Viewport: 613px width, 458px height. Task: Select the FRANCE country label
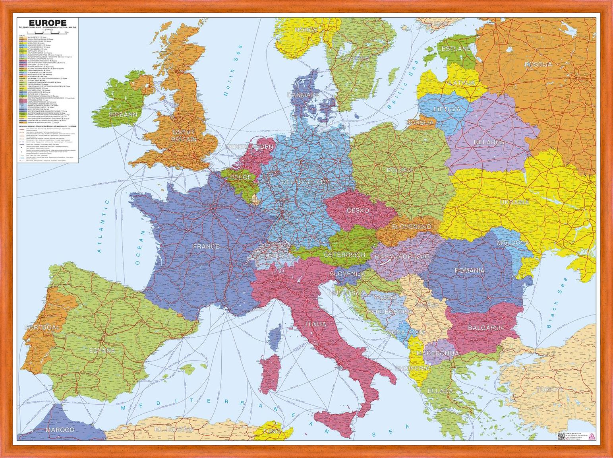point(206,246)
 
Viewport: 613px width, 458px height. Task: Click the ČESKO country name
point(358,210)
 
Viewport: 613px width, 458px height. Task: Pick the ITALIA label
point(316,324)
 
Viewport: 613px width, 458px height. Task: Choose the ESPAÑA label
point(102,350)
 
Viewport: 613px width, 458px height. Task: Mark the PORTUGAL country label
point(43,327)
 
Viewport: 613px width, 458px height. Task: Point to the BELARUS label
point(489,142)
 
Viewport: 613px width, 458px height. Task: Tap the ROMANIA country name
point(470,270)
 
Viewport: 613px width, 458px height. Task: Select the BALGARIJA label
point(486,328)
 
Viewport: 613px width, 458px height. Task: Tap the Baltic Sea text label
point(403,86)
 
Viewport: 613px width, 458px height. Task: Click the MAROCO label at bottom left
point(60,430)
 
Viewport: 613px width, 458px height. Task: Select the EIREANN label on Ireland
point(123,114)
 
